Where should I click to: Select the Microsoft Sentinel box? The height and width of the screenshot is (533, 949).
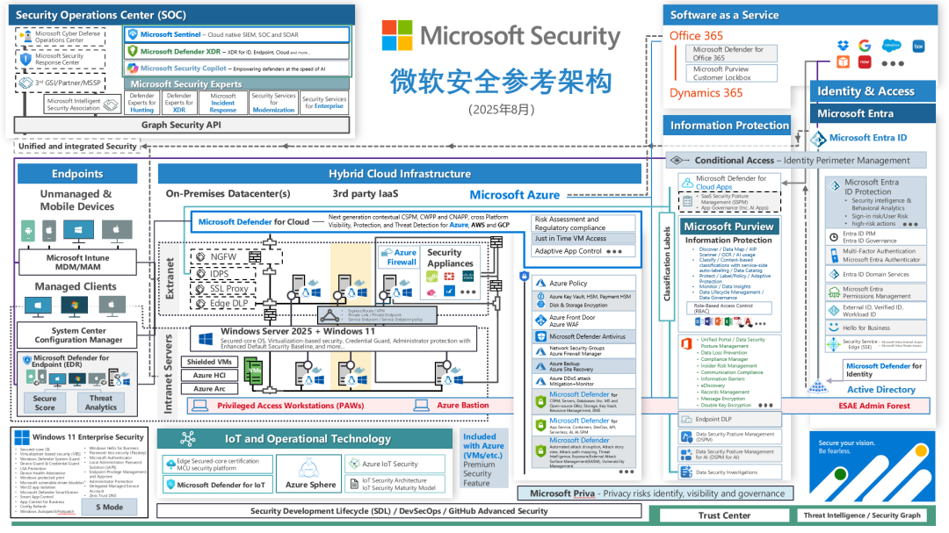236,34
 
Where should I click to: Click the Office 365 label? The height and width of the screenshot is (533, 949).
697,36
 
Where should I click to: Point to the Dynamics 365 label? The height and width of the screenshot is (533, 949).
706,93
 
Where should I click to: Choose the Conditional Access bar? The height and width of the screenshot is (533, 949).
796,161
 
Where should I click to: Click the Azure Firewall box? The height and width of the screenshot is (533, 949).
401,256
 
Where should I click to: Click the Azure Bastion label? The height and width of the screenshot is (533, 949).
462,405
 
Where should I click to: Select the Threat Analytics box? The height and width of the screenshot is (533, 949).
101,402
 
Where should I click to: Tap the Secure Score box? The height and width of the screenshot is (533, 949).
45,402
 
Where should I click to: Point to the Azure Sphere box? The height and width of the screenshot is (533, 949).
310,484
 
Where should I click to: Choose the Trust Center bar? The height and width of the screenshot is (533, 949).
725,515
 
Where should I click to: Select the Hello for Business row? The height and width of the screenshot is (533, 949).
866,328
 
